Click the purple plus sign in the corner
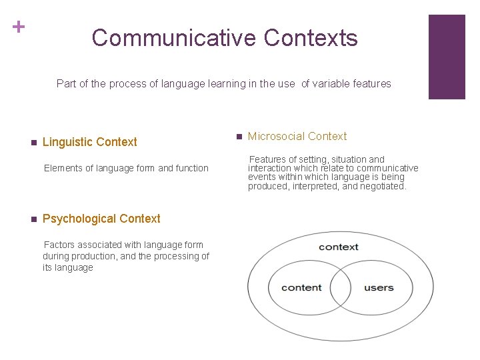click(x=19, y=27)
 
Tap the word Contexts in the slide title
click(x=311, y=38)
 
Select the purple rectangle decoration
click(x=446, y=57)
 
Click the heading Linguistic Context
click(x=89, y=142)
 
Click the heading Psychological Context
click(x=101, y=219)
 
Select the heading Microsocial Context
click(x=297, y=137)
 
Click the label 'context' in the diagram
click(x=339, y=247)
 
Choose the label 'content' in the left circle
click(x=301, y=288)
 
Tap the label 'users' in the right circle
click(x=379, y=288)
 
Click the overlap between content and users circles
click(x=341, y=289)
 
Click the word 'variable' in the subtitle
click(x=332, y=84)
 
